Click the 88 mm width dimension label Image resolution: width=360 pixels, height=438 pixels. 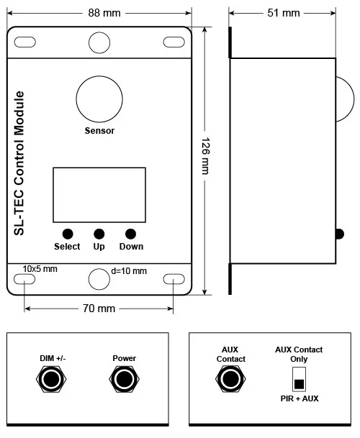coord(104,13)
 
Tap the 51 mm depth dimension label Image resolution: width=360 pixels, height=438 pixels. coord(284,13)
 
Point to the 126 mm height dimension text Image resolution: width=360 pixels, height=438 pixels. coord(206,156)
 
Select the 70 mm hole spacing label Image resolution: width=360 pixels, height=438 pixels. coord(99,309)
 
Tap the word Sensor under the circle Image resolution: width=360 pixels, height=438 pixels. coord(99,131)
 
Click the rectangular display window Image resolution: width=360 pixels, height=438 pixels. coord(99,195)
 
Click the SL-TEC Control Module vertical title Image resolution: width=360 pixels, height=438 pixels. coord(19,163)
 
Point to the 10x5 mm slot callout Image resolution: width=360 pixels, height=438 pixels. coord(40,269)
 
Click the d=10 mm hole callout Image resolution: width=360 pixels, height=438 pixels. coord(129,271)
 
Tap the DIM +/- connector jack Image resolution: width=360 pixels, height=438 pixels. coord(51,379)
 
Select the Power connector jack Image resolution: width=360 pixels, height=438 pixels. coord(124,379)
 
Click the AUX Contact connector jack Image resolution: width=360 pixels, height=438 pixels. coord(230,379)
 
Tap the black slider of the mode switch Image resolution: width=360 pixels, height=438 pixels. coord(299,384)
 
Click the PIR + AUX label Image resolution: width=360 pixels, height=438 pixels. coord(300,398)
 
